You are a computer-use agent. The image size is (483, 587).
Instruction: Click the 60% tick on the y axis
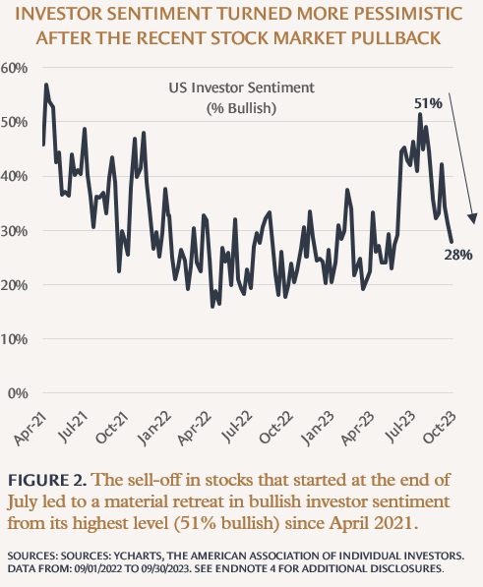(14, 68)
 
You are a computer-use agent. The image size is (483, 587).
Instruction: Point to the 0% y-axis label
(18, 393)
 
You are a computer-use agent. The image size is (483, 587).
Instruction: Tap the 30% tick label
(14, 231)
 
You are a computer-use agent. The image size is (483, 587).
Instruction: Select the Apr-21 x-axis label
(30, 429)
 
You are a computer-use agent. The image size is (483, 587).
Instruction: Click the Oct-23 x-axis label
(440, 428)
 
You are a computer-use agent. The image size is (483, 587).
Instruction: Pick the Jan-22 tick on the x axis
(153, 429)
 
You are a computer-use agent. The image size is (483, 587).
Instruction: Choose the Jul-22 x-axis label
(236, 427)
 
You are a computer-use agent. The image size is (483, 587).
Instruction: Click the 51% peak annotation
(428, 103)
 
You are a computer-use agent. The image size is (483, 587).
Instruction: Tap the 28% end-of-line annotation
(458, 255)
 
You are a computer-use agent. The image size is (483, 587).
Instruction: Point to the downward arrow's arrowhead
(473, 218)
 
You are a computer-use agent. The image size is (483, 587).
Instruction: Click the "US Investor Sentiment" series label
(242, 88)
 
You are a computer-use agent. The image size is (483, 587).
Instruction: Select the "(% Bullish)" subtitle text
(242, 108)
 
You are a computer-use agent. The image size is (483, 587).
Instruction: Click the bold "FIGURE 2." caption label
(47, 480)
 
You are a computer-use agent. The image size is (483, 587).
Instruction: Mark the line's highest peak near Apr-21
(46, 85)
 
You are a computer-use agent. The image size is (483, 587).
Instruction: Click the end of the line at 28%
(452, 242)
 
